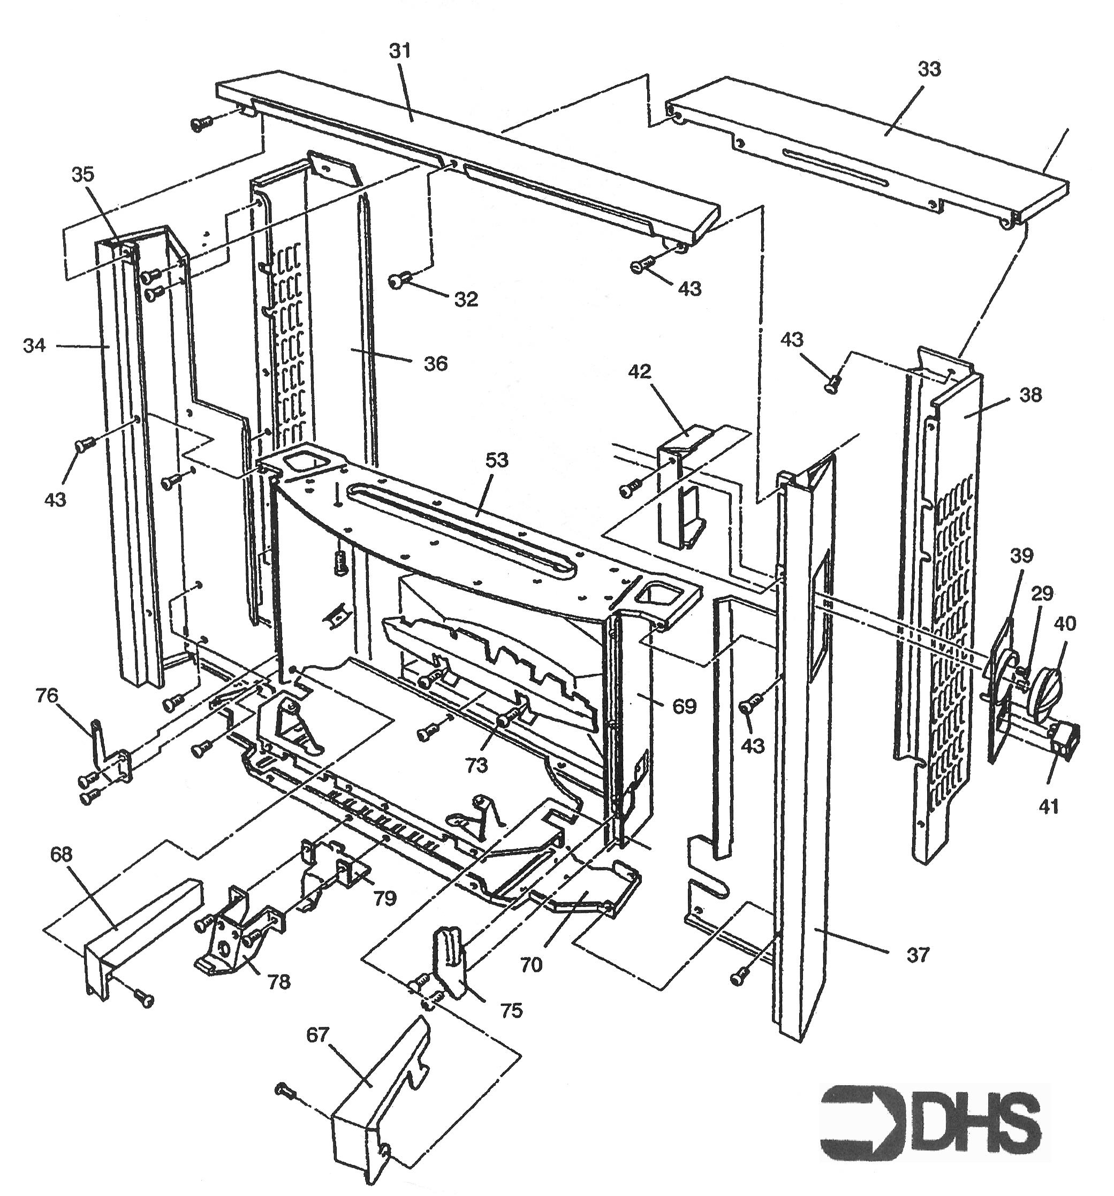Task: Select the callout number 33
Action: coord(929,69)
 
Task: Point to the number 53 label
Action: coord(497,460)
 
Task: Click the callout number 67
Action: coord(318,1034)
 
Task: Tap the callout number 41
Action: coord(1048,806)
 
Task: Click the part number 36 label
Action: coord(435,363)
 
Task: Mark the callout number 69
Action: coord(684,705)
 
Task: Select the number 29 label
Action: coord(1042,593)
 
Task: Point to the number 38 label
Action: coord(1030,395)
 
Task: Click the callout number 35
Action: coord(83,174)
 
